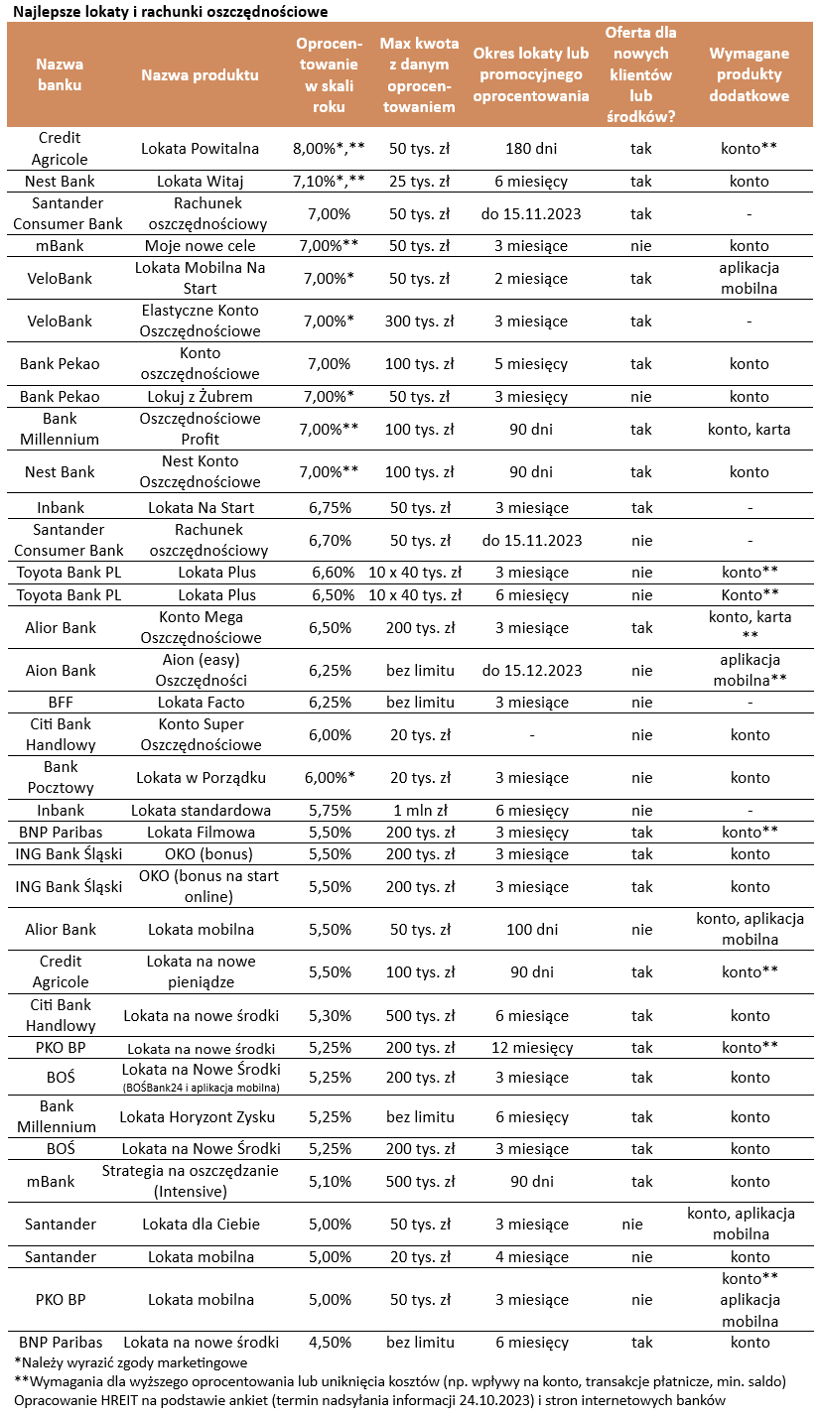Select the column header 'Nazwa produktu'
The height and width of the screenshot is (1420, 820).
(x=200, y=75)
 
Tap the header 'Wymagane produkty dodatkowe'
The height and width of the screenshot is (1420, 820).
(x=749, y=75)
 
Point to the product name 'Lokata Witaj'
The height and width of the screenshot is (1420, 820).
(x=200, y=182)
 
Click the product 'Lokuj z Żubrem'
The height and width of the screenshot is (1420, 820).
(x=200, y=397)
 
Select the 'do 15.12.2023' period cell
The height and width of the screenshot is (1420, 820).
(x=531, y=671)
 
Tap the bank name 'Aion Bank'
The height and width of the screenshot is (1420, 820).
(x=61, y=671)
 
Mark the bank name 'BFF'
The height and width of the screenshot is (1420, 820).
(x=61, y=703)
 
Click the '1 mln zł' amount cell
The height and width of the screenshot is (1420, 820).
(x=418, y=811)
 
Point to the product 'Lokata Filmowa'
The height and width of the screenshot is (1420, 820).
(x=201, y=833)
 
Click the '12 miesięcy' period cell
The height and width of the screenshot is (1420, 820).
(x=531, y=1048)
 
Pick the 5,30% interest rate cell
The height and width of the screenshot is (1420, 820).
(x=329, y=1016)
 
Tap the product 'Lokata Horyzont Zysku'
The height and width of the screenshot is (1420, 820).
(x=198, y=1117)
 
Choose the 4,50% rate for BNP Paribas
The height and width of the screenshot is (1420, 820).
(x=329, y=1343)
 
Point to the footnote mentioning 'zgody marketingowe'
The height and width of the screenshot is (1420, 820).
(x=131, y=1362)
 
